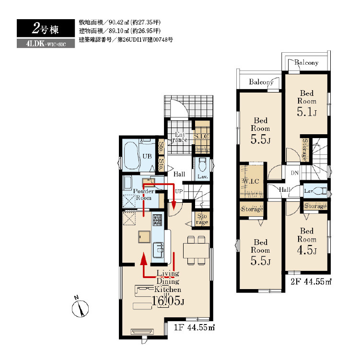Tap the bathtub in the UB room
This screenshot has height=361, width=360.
(132, 156)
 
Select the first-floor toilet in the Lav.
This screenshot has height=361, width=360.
(202, 164)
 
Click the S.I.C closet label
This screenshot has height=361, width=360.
(201, 136)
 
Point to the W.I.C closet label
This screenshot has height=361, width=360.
(251, 181)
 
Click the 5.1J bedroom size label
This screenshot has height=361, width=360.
(307, 112)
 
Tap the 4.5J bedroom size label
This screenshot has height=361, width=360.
(307, 250)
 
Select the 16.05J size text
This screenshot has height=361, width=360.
(168, 301)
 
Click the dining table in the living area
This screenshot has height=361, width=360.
(196, 250)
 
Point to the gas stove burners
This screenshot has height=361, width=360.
(157, 220)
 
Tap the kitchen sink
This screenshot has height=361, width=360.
(158, 250)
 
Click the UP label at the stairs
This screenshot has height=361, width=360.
(179, 191)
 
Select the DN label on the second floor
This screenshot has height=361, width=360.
(294, 173)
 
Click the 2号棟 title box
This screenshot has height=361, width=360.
(46, 28)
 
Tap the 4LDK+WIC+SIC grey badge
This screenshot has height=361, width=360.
(46, 44)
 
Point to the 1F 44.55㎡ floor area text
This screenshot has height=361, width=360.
(194, 327)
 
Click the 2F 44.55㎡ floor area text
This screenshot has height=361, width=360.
(311, 281)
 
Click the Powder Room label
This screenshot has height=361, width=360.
(144, 195)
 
